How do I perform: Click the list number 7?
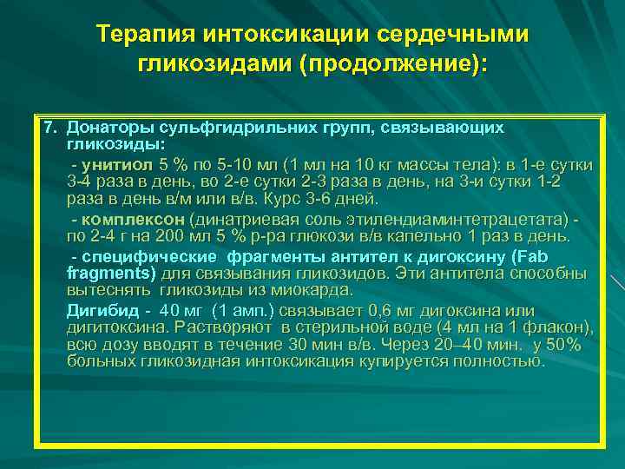click(50, 128)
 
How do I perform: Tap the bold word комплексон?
click(134, 219)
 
